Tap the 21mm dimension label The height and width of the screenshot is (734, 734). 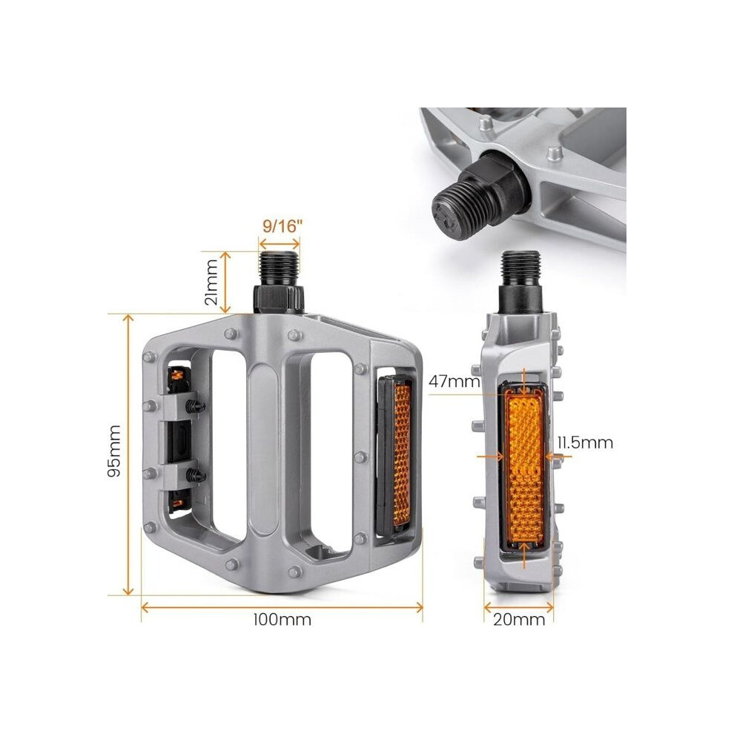tap(211, 282)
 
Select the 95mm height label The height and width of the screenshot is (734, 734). tap(113, 451)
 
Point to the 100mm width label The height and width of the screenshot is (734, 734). tap(282, 620)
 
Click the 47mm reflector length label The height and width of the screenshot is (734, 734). tap(454, 382)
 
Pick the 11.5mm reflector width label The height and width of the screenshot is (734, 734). tap(585, 443)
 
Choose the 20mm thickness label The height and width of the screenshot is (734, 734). tap(519, 620)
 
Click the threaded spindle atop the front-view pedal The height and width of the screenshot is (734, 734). tap(280, 268)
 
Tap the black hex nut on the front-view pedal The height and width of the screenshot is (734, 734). tap(279, 298)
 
